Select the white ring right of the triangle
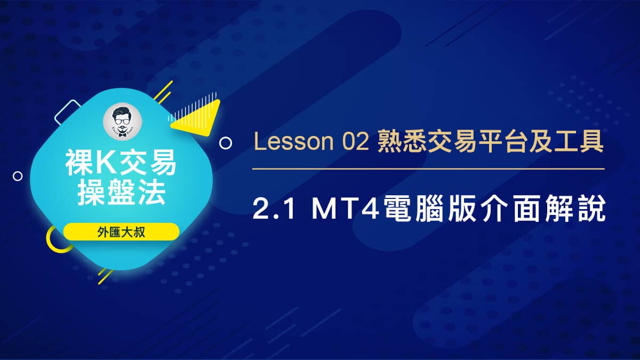[x=226, y=143]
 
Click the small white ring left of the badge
[x=18, y=175]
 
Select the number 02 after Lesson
[x=353, y=143]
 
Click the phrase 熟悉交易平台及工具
[x=491, y=143]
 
